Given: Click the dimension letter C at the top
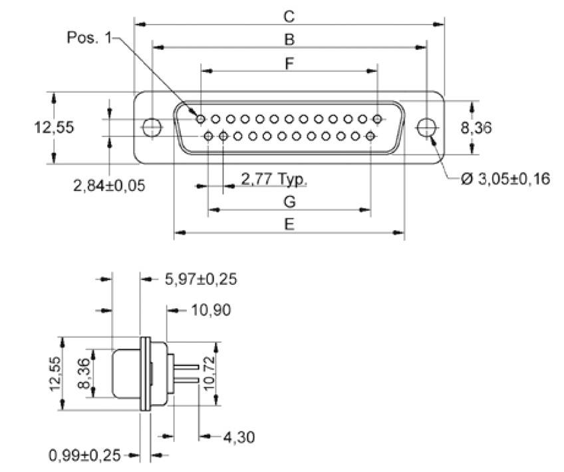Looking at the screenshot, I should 289,15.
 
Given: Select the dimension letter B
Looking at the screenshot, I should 289,40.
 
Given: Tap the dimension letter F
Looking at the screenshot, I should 289,64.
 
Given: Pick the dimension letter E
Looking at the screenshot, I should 289,224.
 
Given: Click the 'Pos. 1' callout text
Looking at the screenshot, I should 90,38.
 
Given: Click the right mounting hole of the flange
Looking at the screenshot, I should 426,127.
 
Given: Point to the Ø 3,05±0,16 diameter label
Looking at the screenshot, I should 505,178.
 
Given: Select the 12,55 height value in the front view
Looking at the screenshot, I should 54,127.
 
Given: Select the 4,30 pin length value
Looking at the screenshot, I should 239,437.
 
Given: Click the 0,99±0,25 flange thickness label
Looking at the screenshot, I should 84,455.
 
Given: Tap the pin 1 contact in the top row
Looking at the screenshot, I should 201,119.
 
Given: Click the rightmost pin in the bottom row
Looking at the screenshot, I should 370,136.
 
